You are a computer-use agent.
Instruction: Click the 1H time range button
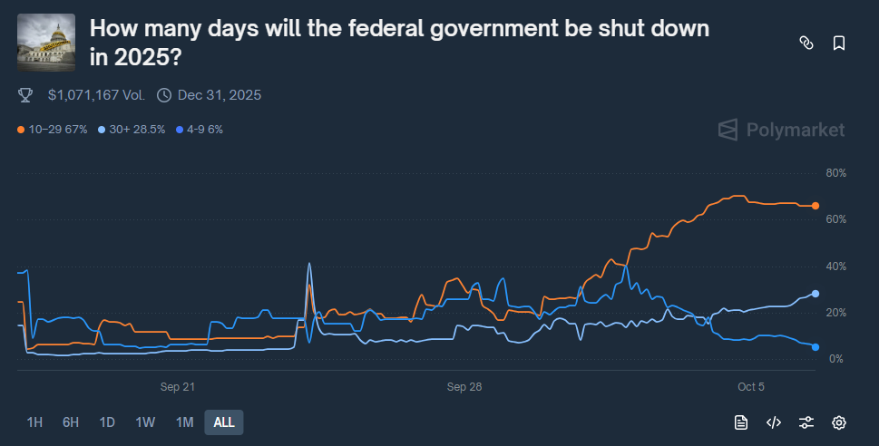[x=34, y=422]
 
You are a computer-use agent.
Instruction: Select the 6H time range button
[x=71, y=422]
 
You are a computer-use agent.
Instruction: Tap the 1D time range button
[x=107, y=422]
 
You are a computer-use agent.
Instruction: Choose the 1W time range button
[x=145, y=422]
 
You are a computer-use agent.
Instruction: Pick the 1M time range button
[x=184, y=422]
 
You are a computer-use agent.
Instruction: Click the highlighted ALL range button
[x=224, y=422]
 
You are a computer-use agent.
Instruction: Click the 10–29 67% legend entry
[x=53, y=130]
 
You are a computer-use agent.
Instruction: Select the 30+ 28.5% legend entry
[x=132, y=130]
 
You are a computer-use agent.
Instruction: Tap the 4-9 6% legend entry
[x=199, y=130]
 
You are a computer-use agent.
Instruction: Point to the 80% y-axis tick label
[x=835, y=172]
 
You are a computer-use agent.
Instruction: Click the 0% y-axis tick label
[x=835, y=359]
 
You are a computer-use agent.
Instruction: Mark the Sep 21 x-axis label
[x=178, y=387]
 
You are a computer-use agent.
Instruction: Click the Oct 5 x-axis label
[x=751, y=387]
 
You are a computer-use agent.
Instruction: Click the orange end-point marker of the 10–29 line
[x=816, y=206]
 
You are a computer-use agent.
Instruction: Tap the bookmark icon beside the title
[x=839, y=43]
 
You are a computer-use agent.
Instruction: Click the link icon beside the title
[x=805, y=43]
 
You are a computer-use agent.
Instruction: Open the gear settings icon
[x=839, y=422]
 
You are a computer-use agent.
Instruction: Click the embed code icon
[x=774, y=422]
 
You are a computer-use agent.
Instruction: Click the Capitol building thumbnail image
[x=46, y=43]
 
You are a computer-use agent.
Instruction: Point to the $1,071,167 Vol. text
[x=95, y=95]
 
